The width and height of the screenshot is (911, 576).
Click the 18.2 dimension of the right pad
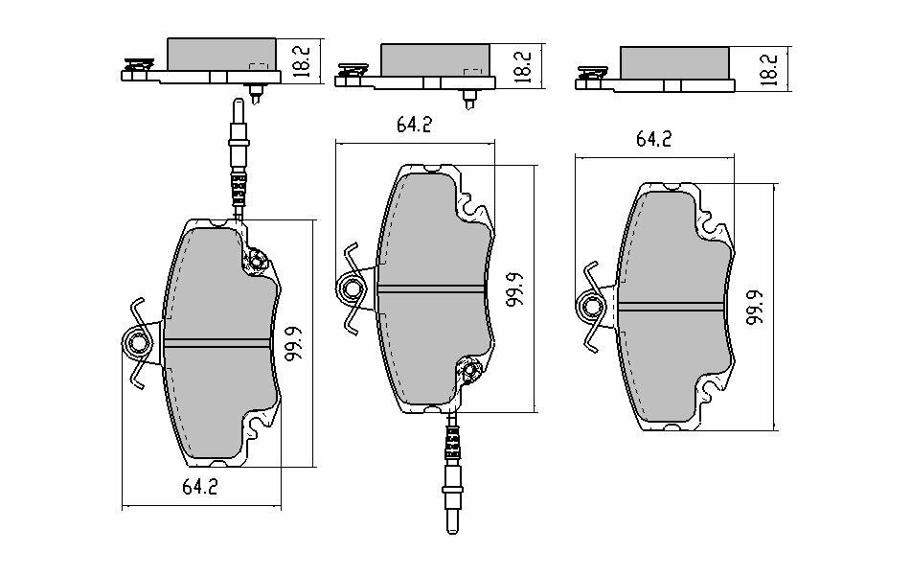[x=767, y=66]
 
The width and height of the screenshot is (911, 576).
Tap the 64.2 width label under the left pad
[x=199, y=487]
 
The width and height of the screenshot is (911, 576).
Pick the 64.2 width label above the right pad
[x=652, y=138]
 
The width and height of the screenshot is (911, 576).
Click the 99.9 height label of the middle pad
[x=514, y=288]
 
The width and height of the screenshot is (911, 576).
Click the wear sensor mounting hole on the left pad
[x=257, y=259]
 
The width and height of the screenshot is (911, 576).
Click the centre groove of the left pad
[x=217, y=344]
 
